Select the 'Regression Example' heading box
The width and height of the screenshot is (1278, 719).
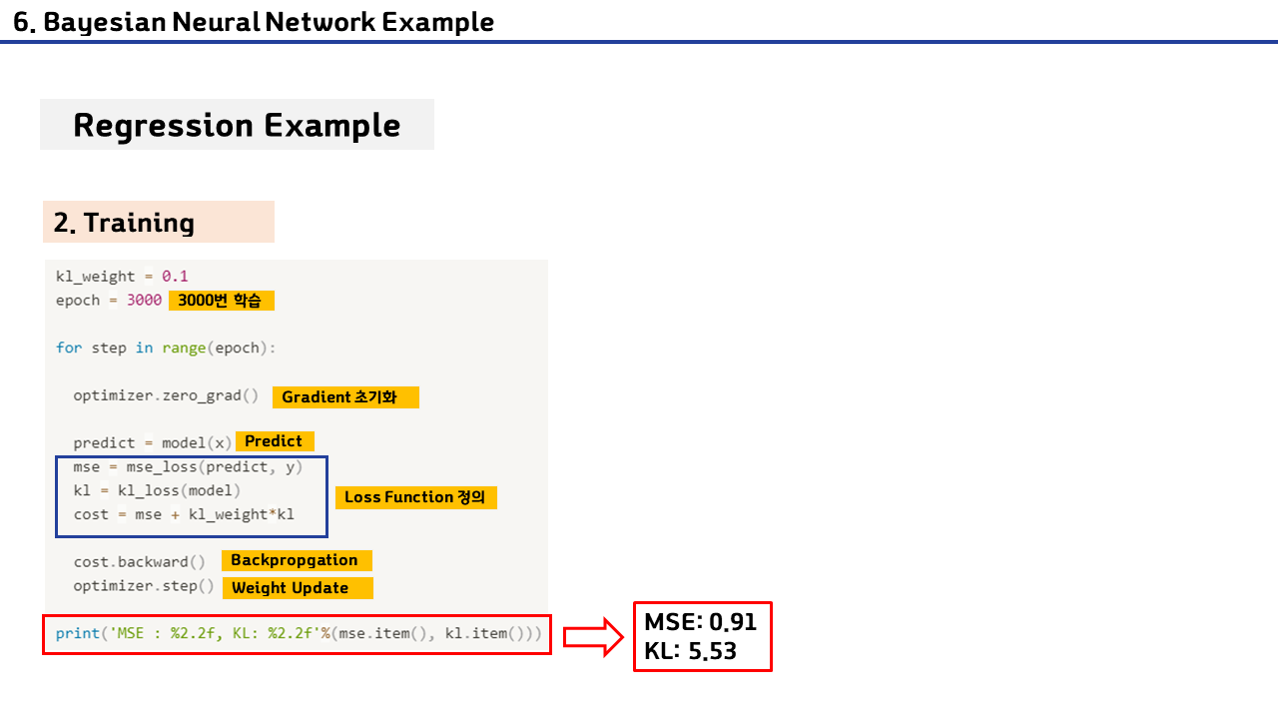point(237,125)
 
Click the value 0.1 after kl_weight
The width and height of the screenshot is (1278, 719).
point(175,276)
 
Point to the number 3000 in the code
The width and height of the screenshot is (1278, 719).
point(144,300)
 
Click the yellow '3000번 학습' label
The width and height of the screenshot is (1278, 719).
point(221,300)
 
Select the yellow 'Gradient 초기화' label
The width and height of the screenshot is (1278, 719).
point(344,397)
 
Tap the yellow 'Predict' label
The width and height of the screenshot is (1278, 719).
point(274,440)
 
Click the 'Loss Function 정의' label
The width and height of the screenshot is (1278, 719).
point(414,496)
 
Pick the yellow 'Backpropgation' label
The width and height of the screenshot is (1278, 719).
point(295,560)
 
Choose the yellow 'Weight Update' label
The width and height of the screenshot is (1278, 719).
point(297,587)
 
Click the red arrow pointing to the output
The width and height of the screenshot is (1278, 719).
point(592,636)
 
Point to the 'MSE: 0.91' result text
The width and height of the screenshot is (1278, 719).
point(700,622)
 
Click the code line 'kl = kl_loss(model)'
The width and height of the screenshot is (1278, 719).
point(157,490)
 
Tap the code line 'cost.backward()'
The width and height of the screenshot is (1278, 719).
point(139,561)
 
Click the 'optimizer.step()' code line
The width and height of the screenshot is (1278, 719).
point(144,585)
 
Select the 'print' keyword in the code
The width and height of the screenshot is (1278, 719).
point(78,633)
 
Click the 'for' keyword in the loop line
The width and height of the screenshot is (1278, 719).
point(68,348)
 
